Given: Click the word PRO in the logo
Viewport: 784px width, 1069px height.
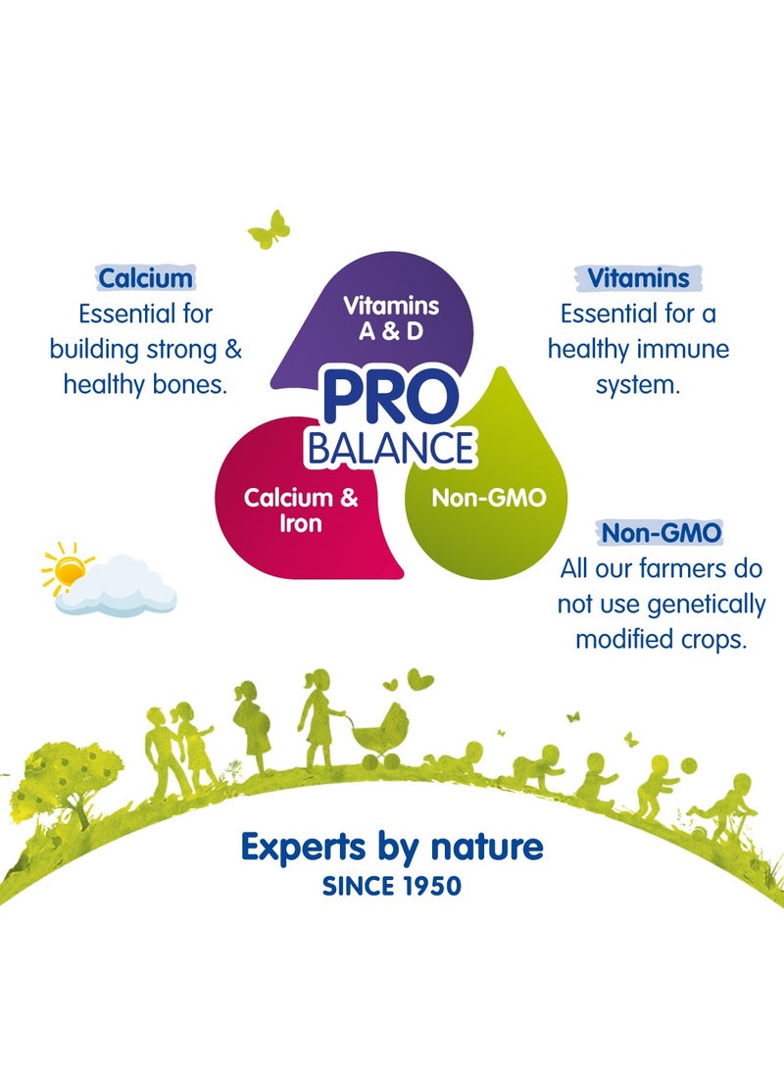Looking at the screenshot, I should [390, 401].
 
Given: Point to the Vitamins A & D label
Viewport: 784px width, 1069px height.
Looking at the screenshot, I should [390, 317].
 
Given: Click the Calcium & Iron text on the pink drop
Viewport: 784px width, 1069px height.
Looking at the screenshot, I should [301, 510].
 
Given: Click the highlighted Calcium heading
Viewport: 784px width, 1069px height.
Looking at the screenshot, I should [146, 278].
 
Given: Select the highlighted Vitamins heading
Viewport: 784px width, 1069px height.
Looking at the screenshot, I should [638, 278].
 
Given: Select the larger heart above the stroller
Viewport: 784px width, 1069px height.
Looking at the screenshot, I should [419, 678].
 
